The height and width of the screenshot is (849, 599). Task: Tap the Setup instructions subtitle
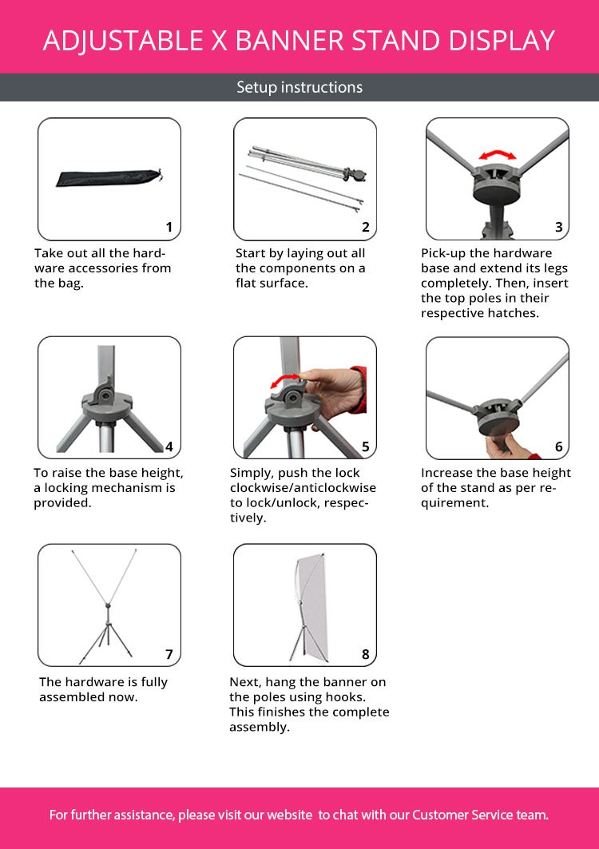[x=299, y=87]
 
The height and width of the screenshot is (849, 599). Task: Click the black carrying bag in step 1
[x=109, y=177]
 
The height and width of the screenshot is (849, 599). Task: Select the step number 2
[x=366, y=227]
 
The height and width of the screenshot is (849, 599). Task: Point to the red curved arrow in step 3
[x=498, y=154]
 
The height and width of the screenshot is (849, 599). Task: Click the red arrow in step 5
[x=285, y=381]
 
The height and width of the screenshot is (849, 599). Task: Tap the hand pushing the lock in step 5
[x=331, y=393]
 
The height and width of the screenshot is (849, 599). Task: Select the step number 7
[x=169, y=655]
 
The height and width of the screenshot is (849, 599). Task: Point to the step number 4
[x=169, y=446]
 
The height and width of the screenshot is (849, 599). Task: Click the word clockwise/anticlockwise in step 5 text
[x=303, y=488]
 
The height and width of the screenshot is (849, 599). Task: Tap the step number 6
[x=559, y=446]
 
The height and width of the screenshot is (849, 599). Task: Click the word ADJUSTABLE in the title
[x=122, y=41]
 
